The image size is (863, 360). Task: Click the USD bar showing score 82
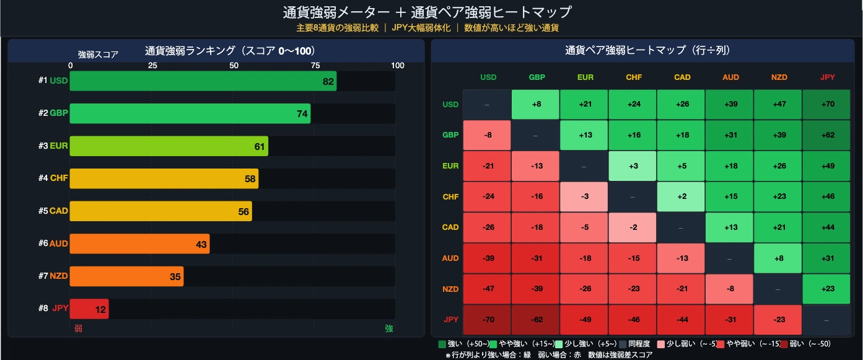tap(203, 81)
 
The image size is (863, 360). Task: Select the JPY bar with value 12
tap(89, 309)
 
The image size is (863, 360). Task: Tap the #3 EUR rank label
tap(53, 146)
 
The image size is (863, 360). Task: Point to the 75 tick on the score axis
tap(315, 66)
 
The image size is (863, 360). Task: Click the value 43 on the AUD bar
tap(201, 244)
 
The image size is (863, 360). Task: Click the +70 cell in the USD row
tap(826, 104)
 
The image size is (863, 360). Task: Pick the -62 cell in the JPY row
tap(537, 320)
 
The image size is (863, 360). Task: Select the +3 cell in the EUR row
tap(633, 165)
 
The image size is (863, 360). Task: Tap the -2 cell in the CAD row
tap(633, 227)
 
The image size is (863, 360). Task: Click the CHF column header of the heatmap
tap(633, 77)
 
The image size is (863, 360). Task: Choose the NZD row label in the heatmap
tap(450, 289)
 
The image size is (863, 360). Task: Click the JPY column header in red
tap(826, 77)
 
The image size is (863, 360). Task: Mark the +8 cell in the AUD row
tap(778, 258)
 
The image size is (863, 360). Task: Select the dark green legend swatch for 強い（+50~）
tap(442, 344)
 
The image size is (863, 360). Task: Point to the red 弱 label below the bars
tap(78, 328)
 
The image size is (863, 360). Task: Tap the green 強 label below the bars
tap(388, 328)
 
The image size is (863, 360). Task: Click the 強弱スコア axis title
tap(98, 55)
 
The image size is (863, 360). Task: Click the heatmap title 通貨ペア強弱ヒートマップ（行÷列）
tap(646, 50)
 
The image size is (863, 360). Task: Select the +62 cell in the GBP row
tap(826, 135)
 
